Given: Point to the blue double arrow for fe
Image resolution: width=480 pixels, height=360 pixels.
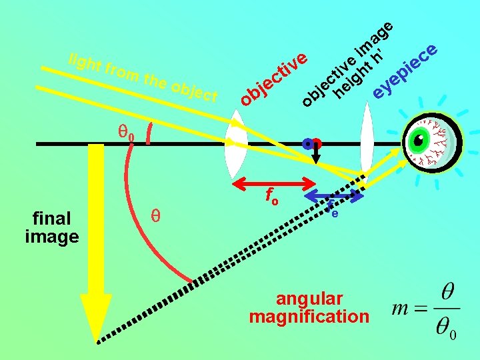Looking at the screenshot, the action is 335,196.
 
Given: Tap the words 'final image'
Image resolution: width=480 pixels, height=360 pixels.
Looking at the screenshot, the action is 51,227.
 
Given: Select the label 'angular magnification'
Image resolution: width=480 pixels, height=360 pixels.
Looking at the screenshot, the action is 309,307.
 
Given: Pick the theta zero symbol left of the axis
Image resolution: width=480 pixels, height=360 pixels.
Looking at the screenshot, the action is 126,133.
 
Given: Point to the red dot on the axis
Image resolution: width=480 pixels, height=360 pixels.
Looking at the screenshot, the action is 317,143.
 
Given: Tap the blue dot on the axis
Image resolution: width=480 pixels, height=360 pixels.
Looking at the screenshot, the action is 307,143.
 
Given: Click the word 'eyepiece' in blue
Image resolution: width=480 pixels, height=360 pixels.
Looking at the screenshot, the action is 405,71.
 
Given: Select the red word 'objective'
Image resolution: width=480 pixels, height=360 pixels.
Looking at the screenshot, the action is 274,79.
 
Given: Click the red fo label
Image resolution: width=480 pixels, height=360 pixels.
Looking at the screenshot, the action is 271,197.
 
